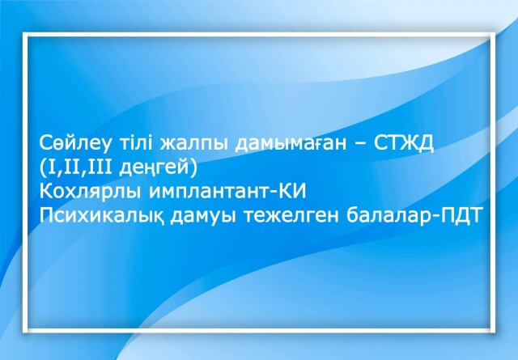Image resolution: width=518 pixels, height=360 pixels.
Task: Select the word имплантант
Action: [x=210, y=192]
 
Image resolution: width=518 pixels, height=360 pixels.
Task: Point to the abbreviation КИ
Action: [x=293, y=191]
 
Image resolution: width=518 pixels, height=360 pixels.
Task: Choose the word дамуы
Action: [x=203, y=217]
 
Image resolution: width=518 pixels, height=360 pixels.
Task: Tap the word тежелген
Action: [x=291, y=217]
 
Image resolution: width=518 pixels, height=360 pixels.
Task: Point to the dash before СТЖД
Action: [x=360, y=145]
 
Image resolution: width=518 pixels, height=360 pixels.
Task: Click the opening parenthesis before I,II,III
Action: [x=43, y=168]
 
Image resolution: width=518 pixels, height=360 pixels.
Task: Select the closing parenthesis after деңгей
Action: [x=194, y=168]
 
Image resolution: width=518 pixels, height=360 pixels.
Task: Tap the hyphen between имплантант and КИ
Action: [x=275, y=193]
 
